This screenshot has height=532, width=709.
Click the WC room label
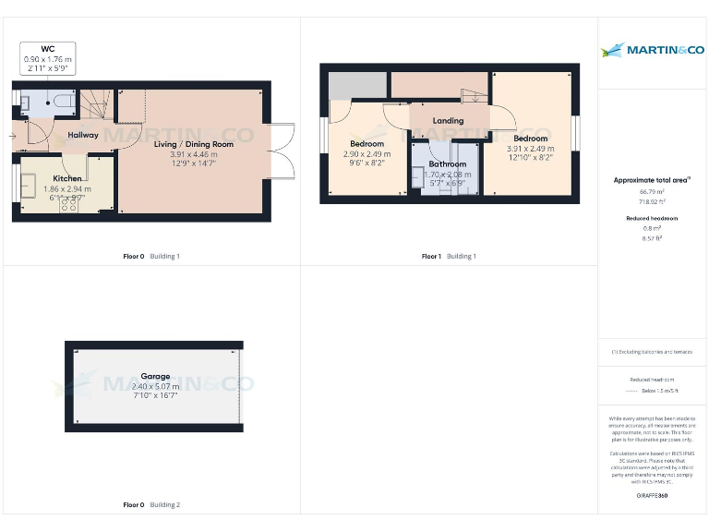coord(46,48)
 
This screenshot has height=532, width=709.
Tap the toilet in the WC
coord(62,101)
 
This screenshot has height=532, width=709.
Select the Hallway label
coord(82,135)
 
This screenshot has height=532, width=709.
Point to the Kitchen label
coord(66,178)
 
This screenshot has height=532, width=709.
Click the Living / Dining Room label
coord(193,144)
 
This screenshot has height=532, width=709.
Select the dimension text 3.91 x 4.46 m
coord(193,154)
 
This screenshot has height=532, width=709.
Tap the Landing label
coord(449,121)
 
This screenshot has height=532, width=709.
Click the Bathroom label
coord(447,163)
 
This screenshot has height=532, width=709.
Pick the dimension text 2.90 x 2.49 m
coord(367,154)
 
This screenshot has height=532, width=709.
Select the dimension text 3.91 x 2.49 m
coord(530,149)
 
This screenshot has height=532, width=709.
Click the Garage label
coord(155,377)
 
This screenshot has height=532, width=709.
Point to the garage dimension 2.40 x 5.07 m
coord(155,386)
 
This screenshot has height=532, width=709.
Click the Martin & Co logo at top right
coord(653,50)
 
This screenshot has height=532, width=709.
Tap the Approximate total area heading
coord(652,180)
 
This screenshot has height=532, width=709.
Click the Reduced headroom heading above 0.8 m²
coord(652,218)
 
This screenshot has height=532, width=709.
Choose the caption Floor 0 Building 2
coord(151,505)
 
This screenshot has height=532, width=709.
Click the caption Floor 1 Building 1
coord(449,256)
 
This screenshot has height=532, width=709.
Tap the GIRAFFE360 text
coord(652,496)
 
